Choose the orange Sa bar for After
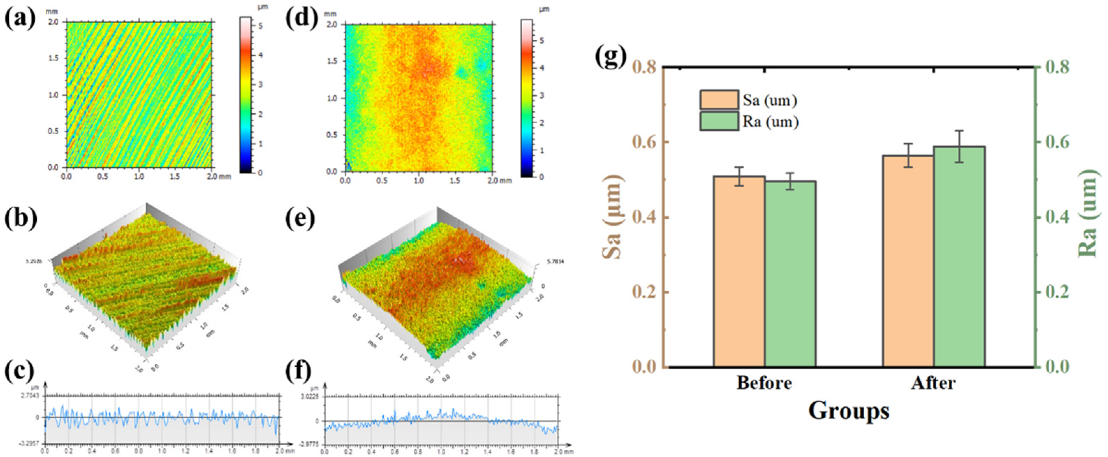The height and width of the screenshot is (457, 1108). [908, 261]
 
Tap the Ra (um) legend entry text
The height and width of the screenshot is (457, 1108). [770, 122]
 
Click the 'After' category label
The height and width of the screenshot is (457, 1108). [933, 383]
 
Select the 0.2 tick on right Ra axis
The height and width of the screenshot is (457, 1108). [1052, 292]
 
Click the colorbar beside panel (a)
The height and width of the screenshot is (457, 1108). [245, 95]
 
